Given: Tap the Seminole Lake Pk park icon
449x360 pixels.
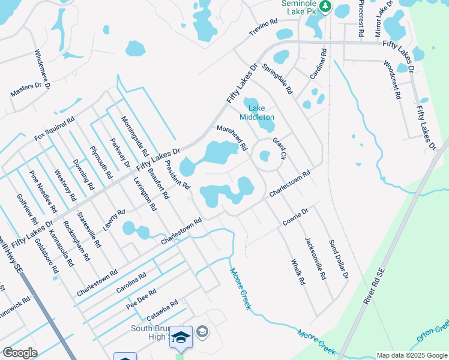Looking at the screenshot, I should coord(325,6).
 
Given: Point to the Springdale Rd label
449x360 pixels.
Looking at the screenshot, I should coord(277,79).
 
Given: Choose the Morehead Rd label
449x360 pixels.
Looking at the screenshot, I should coord(232,137).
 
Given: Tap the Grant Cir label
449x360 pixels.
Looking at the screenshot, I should coord(280,149).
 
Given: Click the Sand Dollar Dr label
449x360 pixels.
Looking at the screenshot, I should coord(338,260).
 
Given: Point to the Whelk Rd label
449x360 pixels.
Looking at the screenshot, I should coord(298,272).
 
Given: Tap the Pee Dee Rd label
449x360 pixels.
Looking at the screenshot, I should coord(141,299).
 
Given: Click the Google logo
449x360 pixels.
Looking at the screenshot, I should coord(20,353).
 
